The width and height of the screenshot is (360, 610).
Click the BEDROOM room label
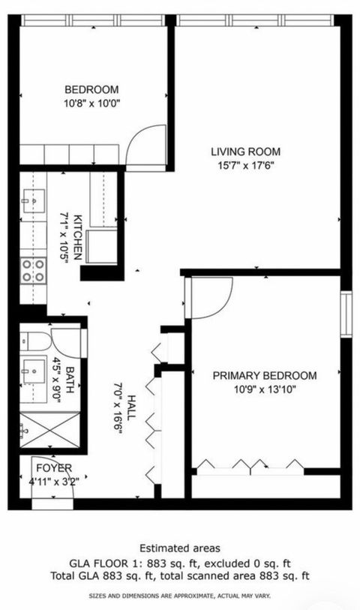(91, 86)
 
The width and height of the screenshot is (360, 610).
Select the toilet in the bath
(30, 342)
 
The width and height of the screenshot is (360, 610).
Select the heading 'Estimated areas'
(180, 548)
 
